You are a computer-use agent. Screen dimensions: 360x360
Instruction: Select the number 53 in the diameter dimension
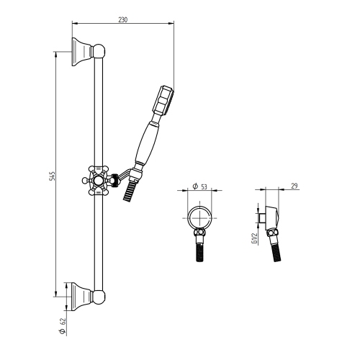[204, 186]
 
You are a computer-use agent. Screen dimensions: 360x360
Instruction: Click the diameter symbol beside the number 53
[194, 186]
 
